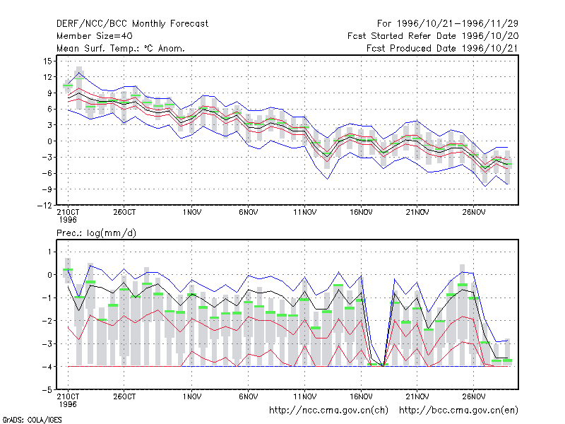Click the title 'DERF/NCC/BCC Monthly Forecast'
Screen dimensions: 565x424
pos(132,24)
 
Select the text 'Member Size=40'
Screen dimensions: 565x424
pos(95,36)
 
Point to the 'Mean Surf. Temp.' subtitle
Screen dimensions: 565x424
pos(121,48)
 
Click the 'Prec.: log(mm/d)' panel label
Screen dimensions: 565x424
pos(96,233)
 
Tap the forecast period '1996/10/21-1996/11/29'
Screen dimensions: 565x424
pos(457,24)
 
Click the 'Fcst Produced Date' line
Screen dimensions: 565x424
pos(442,48)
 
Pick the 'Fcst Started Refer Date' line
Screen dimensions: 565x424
pos(433,36)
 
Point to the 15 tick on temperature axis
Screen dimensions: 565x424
pos(48,61)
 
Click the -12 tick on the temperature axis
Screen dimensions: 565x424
pos(45,205)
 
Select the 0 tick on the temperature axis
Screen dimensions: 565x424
pos(49,141)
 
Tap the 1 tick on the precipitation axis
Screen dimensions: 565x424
pos(49,252)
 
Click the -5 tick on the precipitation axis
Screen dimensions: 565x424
pos(47,390)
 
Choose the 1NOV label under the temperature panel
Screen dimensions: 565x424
pos(191,213)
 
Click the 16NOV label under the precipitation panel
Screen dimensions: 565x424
pos(361,396)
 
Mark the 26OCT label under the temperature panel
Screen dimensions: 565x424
pos(124,213)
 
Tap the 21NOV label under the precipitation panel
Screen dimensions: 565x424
pos(417,396)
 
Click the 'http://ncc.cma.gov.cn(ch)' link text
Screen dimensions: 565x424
pos(328,411)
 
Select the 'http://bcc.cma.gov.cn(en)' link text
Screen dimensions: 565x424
pos(458,411)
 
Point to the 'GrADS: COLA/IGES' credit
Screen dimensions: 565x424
pos(32,420)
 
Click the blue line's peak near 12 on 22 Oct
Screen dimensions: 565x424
pos(79,73)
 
